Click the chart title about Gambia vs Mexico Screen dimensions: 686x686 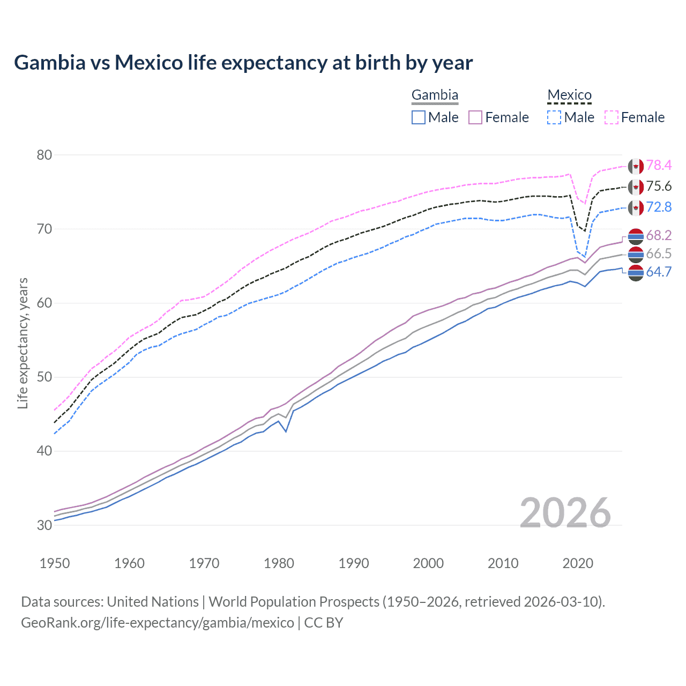(243, 63)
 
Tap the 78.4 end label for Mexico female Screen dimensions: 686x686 (659, 166)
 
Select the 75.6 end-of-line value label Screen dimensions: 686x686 (659, 187)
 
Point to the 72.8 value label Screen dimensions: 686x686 (659, 207)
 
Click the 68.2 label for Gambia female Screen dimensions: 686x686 (659, 236)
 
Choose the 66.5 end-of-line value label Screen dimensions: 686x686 (659, 254)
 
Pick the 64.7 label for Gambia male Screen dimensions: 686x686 (659, 272)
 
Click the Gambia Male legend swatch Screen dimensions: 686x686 (419, 117)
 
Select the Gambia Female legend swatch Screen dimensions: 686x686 (475, 117)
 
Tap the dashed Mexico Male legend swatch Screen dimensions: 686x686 (554, 117)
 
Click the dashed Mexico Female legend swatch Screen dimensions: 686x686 (612, 117)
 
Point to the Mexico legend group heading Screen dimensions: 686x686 (569, 95)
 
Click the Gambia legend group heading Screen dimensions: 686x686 (435, 95)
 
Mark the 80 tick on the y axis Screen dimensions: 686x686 (44, 155)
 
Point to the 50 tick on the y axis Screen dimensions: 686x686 (44, 377)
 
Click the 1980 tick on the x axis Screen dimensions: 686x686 (279, 563)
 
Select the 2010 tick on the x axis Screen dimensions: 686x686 (503, 563)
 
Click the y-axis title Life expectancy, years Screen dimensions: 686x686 (23, 343)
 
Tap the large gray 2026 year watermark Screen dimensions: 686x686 (565, 513)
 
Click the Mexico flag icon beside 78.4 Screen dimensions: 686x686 (636, 166)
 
